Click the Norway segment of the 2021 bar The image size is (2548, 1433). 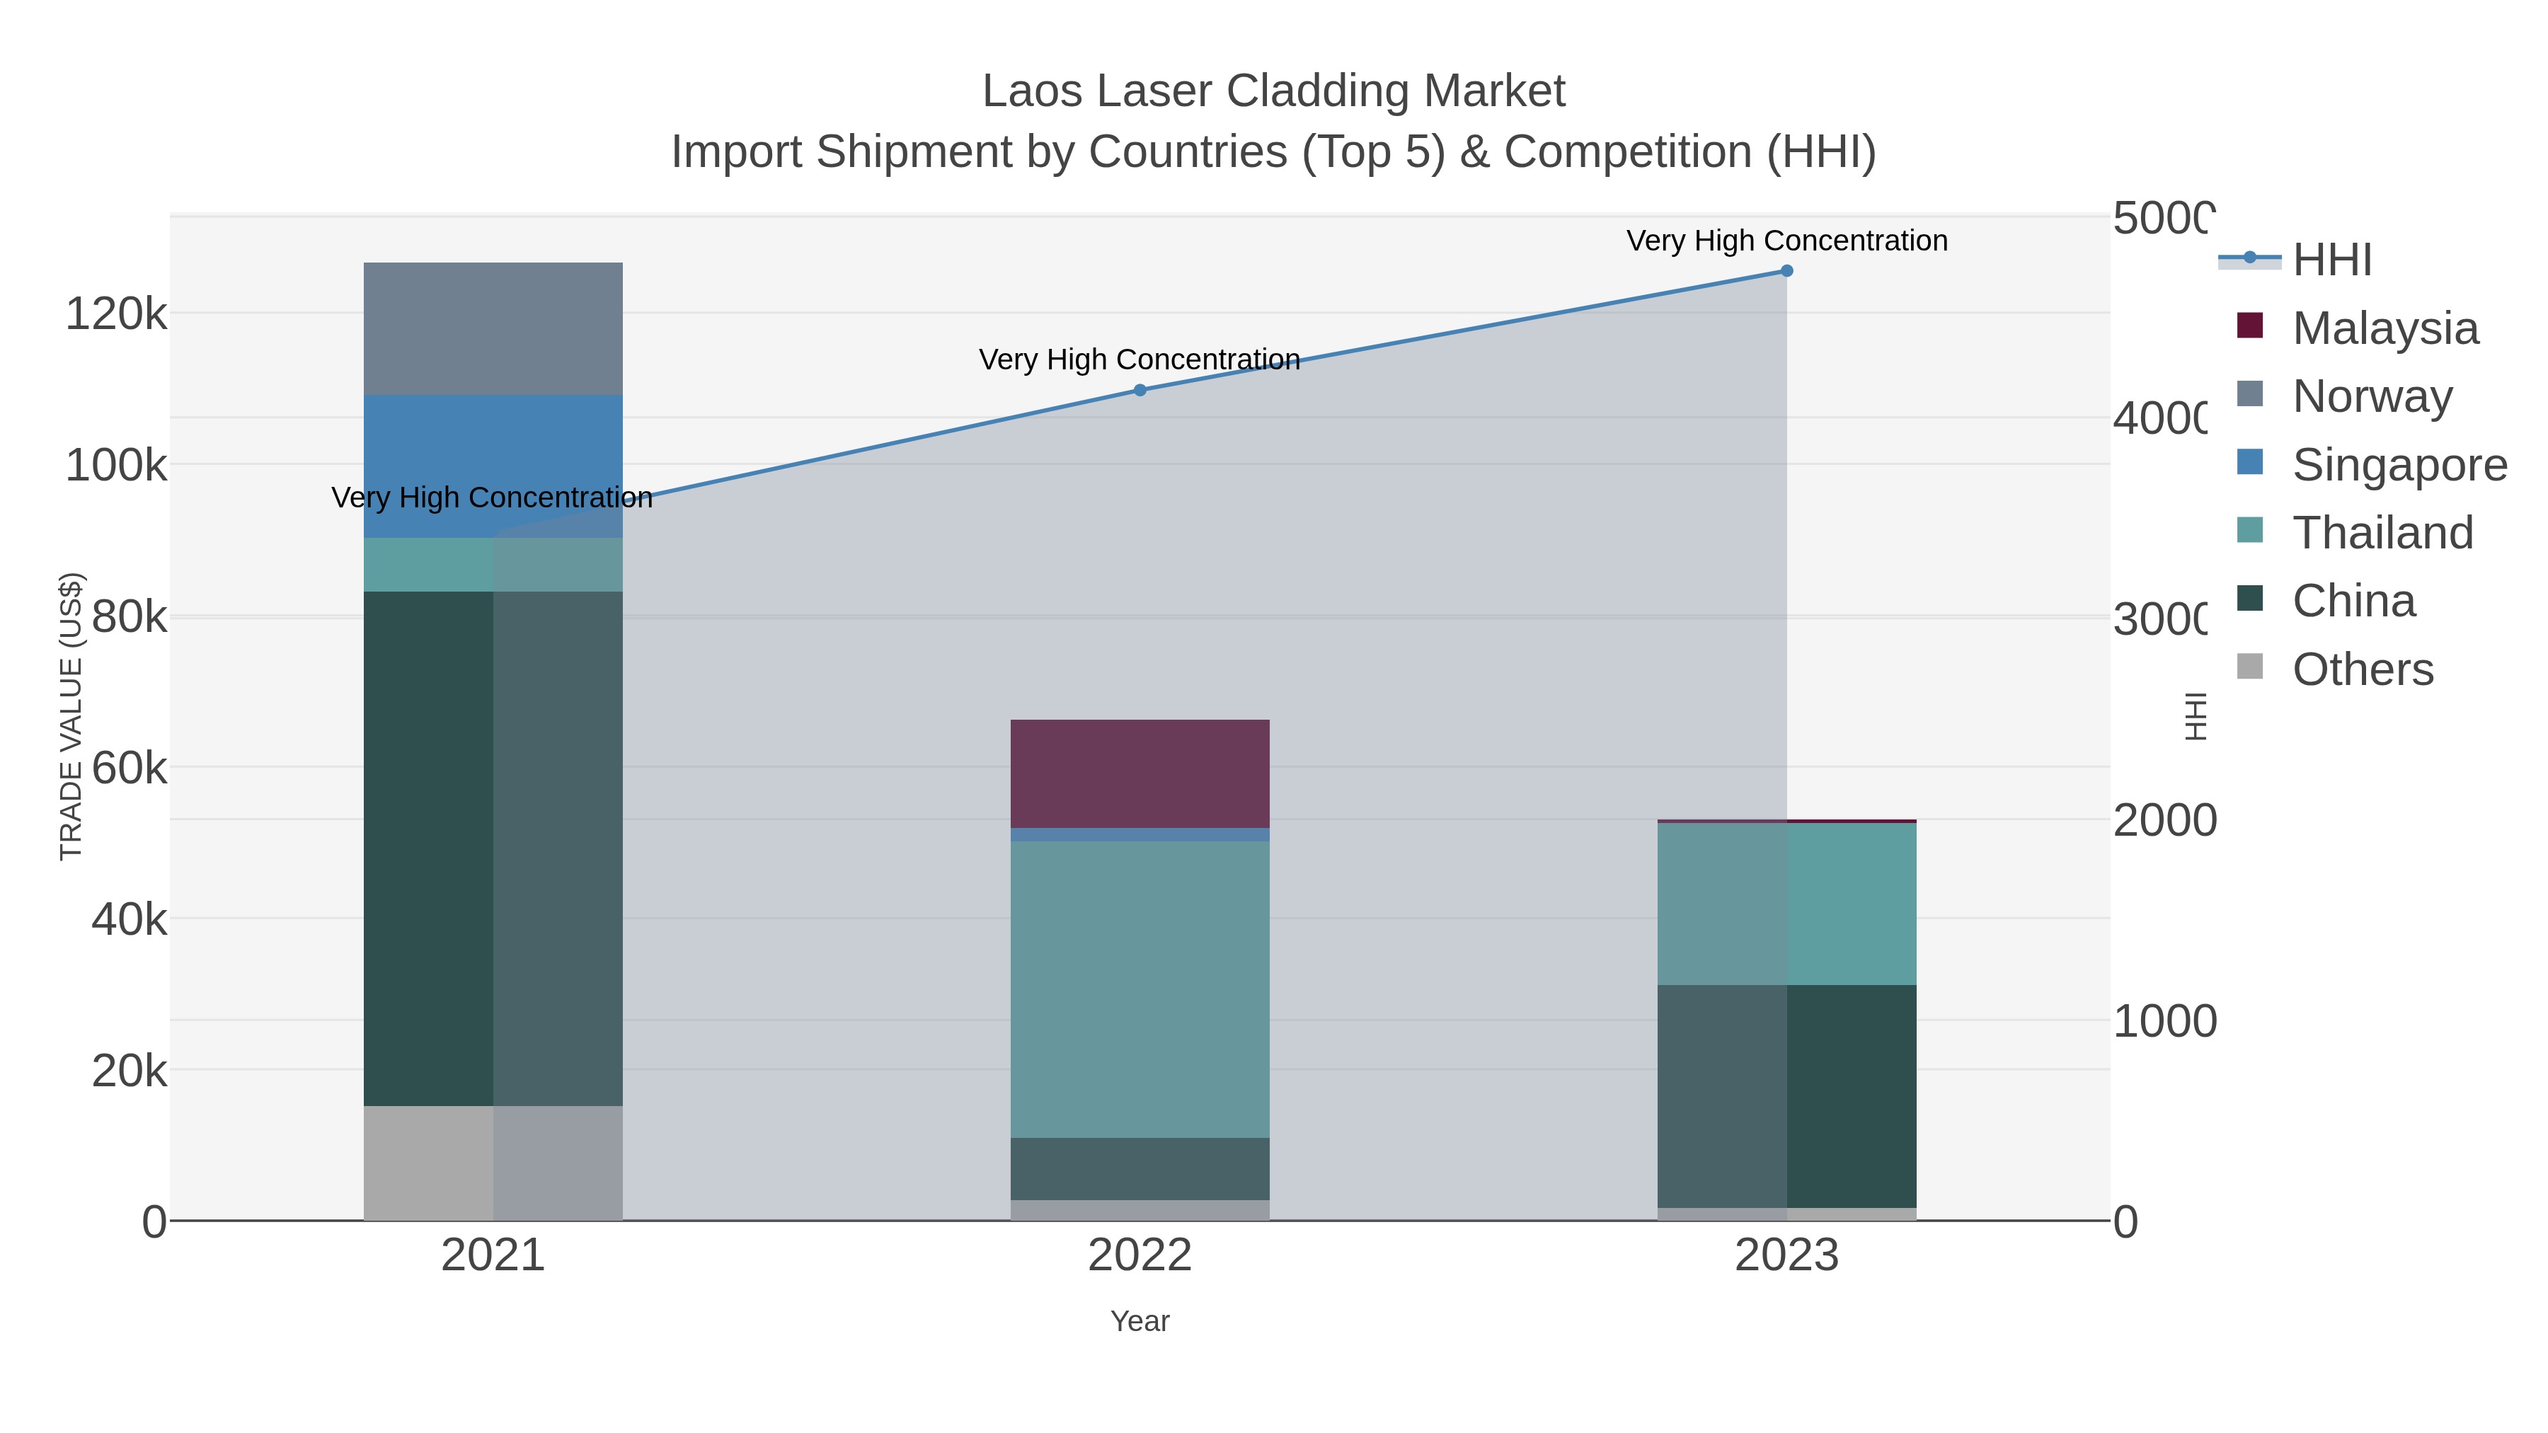pyautogui.click(x=493, y=328)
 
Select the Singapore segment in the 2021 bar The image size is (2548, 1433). pyautogui.click(x=493, y=465)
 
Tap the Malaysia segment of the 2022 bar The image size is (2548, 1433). pyautogui.click(x=1140, y=773)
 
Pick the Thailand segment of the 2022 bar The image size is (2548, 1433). pyautogui.click(x=1140, y=989)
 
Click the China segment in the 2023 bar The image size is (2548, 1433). pyautogui.click(x=1786, y=1095)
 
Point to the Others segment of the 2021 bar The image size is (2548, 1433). pyautogui.click(x=493, y=1162)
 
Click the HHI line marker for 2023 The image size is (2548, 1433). pyautogui.click(x=1786, y=271)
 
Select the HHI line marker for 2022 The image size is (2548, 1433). pyautogui.click(x=1140, y=391)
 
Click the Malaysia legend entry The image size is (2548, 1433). pyautogui.click(x=2384, y=328)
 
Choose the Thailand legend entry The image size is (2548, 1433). pyautogui.click(x=2382, y=533)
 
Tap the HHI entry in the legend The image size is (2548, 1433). pyautogui.click(x=2331, y=260)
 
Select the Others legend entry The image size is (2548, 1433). pyautogui.click(x=2362, y=669)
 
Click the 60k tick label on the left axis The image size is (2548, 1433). pyautogui.click(x=129, y=769)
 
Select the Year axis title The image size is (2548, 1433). pyautogui.click(x=1140, y=1321)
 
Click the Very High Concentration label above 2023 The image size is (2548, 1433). pyautogui.click(x=1786, y=241)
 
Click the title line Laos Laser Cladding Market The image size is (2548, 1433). pyautogui.click(x=1273, y=91)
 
